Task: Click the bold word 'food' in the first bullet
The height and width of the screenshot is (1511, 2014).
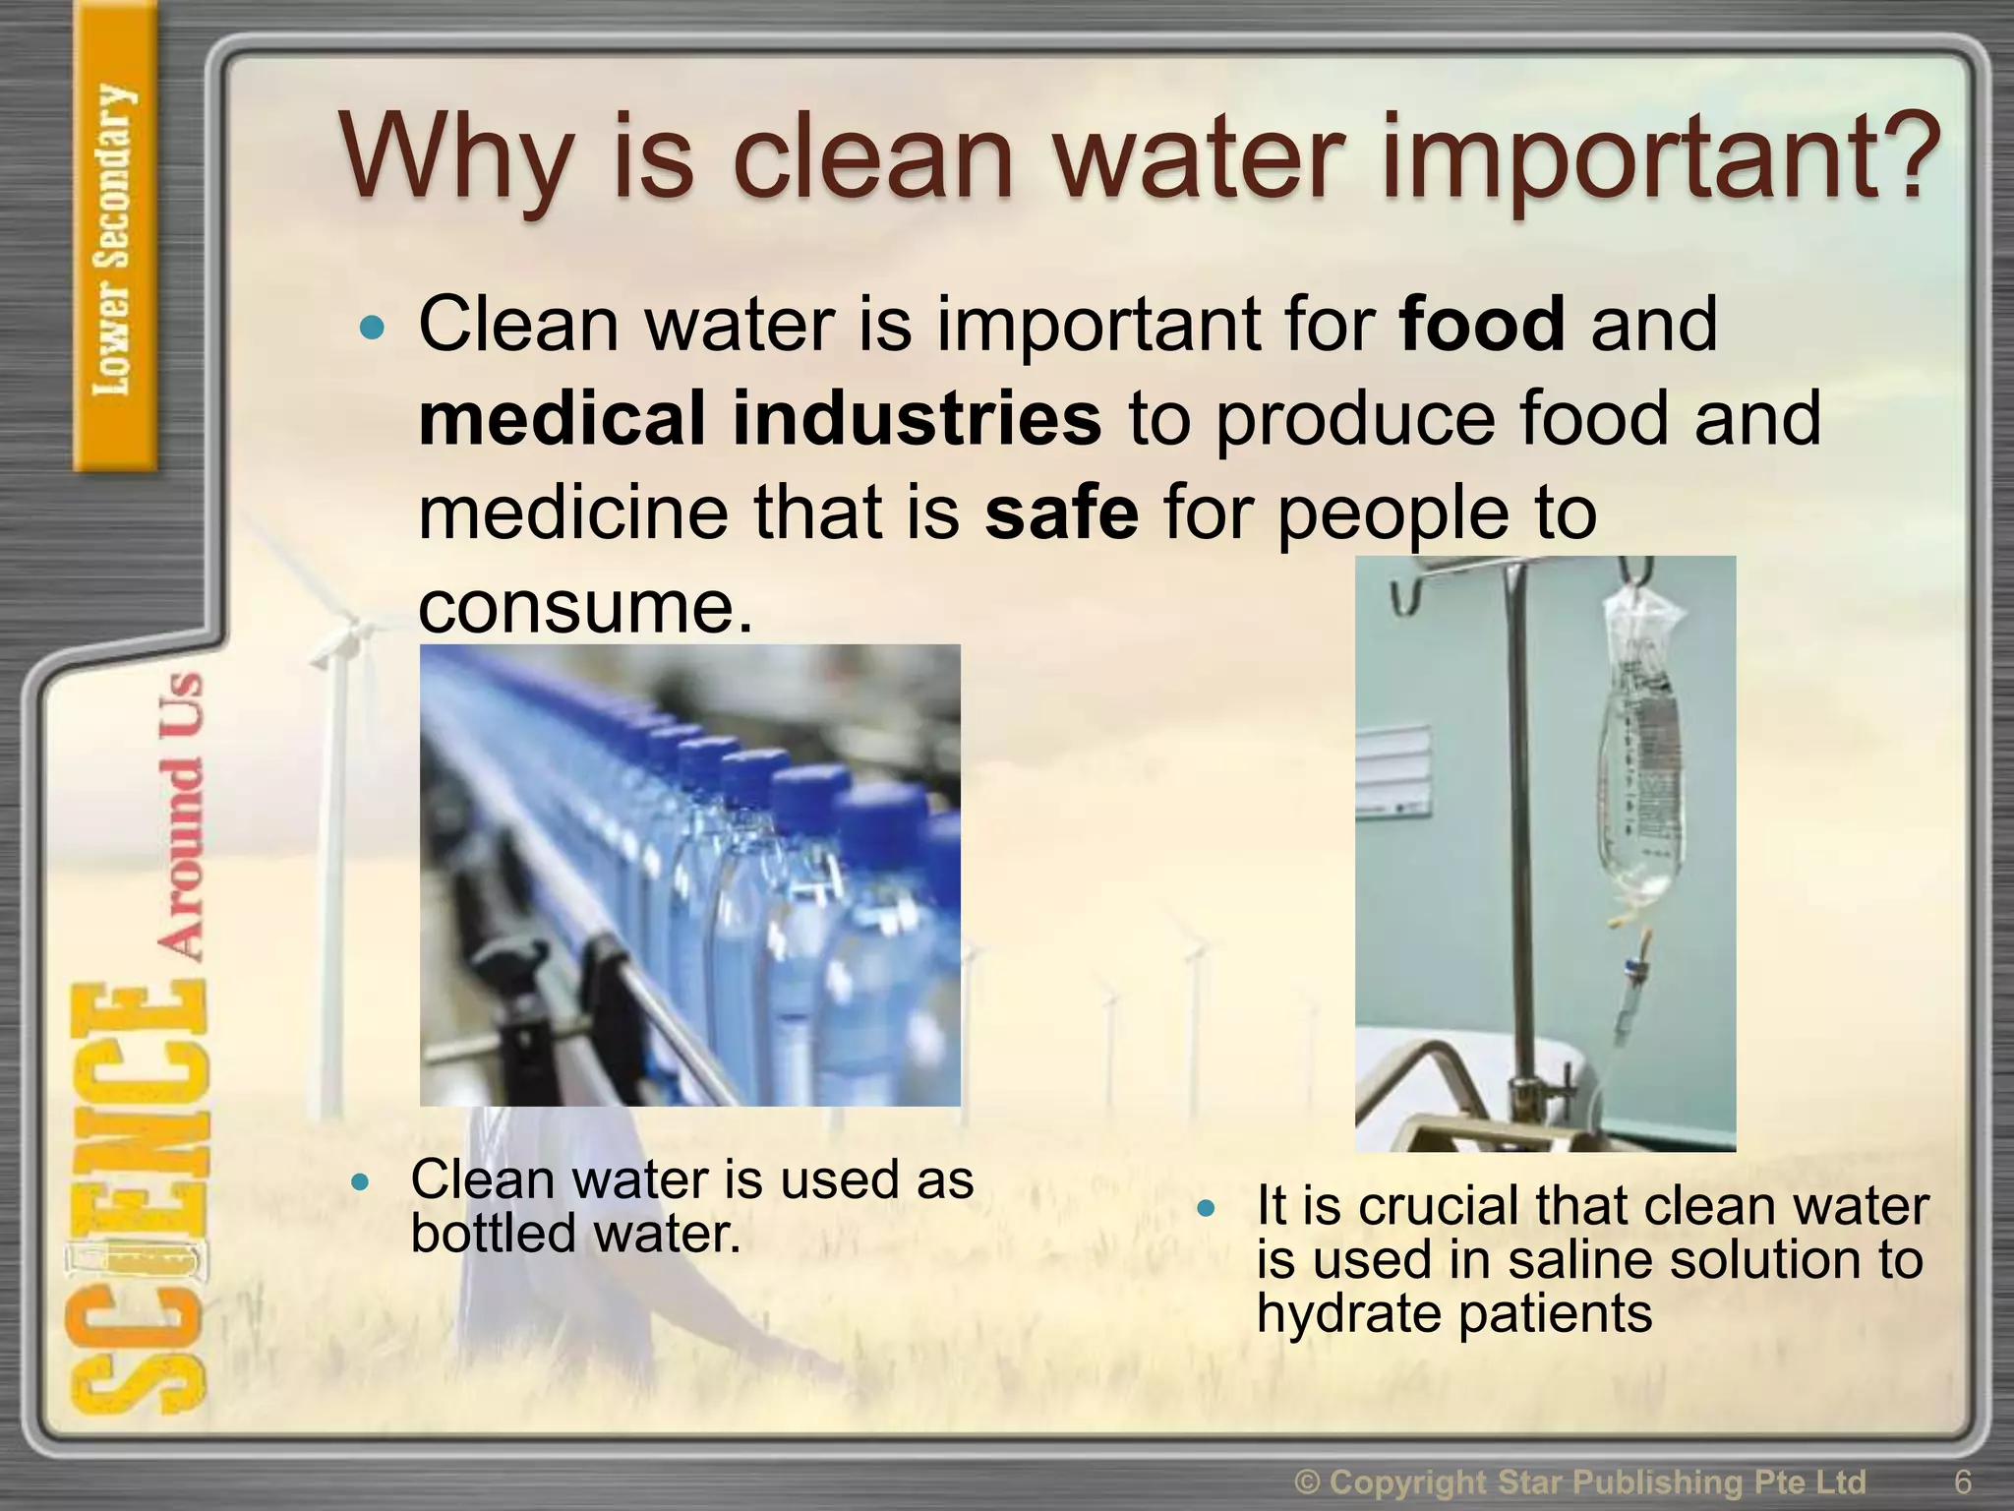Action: coord(1481,324)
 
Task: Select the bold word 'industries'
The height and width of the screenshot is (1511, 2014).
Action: coord(917,418)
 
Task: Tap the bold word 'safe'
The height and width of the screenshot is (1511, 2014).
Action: coord(1061,513)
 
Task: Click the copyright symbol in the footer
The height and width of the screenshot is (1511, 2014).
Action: coord(1308,1481)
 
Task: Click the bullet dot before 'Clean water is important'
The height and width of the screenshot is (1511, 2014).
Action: coord(372,328)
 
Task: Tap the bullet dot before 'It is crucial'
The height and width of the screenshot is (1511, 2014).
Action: coord(1208,1207)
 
